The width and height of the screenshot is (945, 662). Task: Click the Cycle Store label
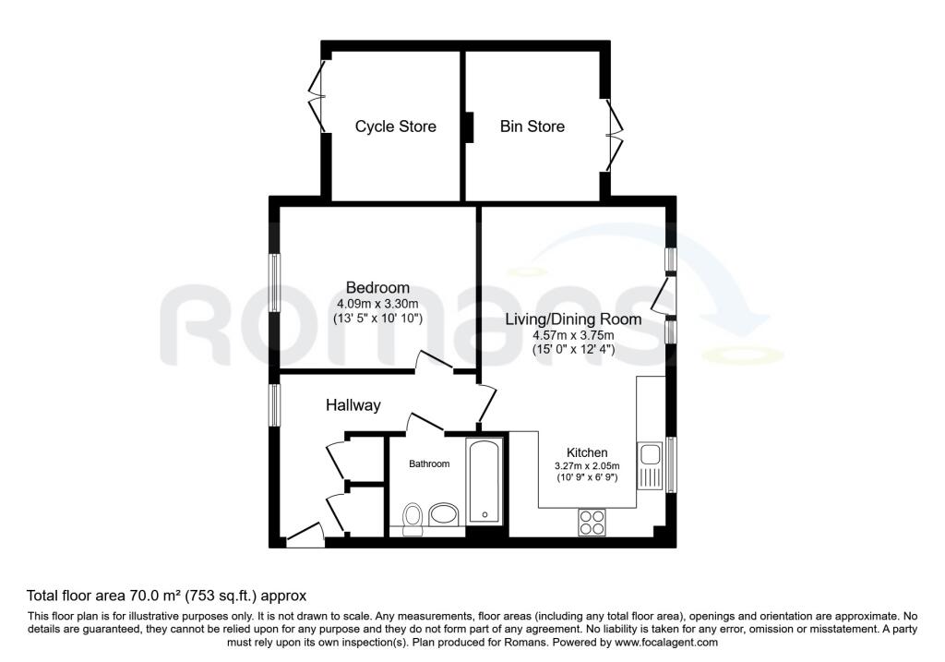click(395, 126)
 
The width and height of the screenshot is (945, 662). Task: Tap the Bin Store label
click(532, 126)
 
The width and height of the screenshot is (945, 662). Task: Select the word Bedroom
click(377, 288)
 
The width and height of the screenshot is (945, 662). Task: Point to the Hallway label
click(353, 405)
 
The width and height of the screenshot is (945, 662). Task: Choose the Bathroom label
click(429, 463)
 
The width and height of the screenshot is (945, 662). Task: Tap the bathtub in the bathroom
click(484, 481)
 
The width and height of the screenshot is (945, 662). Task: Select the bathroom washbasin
click(445, 514)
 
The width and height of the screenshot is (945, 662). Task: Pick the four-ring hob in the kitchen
click(591, 522)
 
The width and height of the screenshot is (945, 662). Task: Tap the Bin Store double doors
click(612, 136)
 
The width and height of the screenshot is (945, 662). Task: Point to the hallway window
click(274, 405)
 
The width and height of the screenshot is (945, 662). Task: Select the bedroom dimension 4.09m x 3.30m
click(377, 304)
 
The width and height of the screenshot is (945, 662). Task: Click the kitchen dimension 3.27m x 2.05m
click(586, 465)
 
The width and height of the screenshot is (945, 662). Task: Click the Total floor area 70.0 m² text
click(166, 596)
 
